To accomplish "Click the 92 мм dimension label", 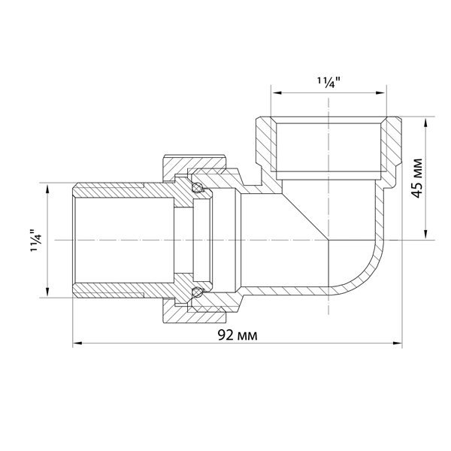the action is (x=238, y=335).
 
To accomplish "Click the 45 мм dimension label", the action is (x=418, y=178).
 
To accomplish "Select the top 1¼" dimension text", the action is (x=328, y=83).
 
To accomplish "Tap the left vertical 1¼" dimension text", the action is (x=37, y=241).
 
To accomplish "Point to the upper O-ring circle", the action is (x=198, y=188).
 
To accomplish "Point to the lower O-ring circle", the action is (x=198, y=292).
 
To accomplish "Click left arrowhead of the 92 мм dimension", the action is (x=77, y=344).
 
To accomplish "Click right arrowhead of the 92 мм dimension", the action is (x=398, y=344).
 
